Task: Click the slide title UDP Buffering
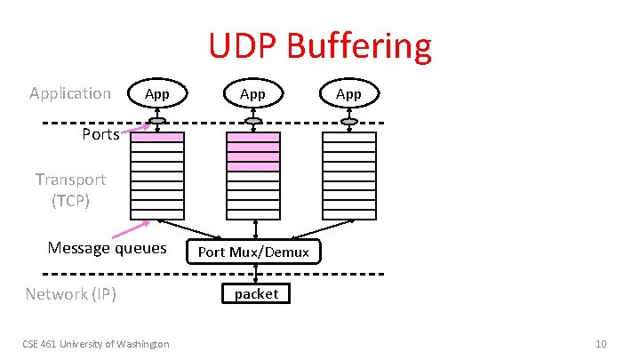[320, 46]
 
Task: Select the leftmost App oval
[157, 93]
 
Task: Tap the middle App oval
[253, 93]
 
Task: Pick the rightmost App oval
[349, 93]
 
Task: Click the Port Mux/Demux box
[253, 252]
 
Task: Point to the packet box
[256, 293]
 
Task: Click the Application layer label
[70, 93]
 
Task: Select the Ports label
[100, 135]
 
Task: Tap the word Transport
[71, 180]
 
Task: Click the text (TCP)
[71, 200]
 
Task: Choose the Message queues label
[107, 248]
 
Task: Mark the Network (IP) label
[71, 294]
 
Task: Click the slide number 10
[602, 344]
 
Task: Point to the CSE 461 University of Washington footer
[97, 344]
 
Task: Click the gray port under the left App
[157, 121]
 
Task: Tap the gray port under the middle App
[253, 121]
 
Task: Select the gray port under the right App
[349, 121]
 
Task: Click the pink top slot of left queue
[157, 137]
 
